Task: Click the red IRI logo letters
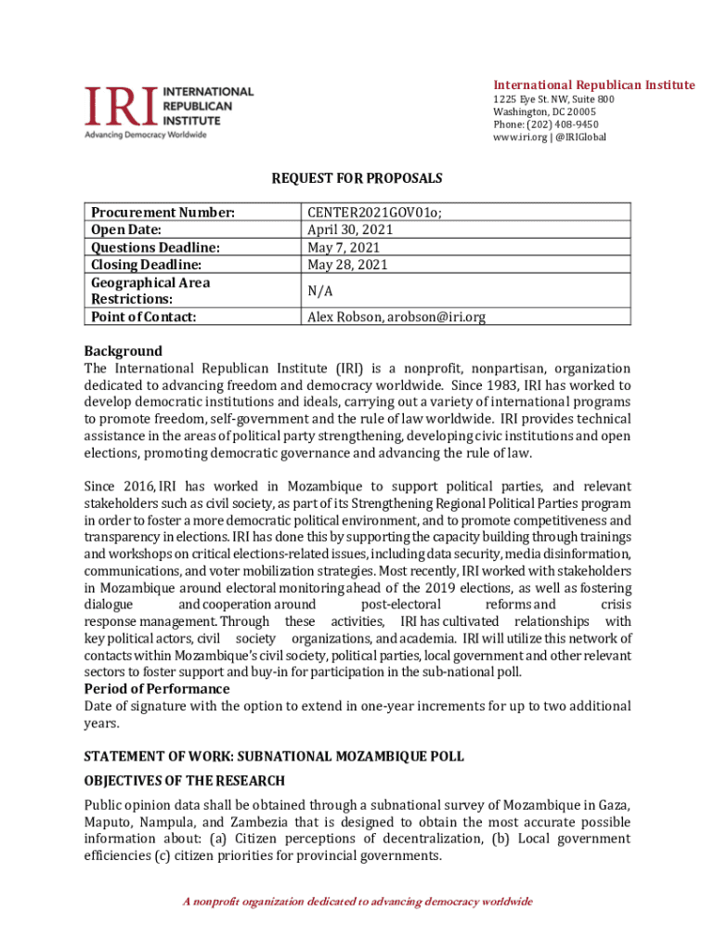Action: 122,107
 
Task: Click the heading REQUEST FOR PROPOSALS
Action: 357,177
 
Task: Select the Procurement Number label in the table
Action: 162,212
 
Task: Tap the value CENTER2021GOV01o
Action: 374,212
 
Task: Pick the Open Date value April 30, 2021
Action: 350,229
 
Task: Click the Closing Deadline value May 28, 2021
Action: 347,265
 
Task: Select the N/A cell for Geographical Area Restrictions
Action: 320,291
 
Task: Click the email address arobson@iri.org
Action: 436,317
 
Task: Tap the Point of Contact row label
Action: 145,317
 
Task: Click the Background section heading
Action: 123,351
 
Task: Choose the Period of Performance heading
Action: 157,689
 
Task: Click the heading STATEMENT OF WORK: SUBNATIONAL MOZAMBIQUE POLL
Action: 274,757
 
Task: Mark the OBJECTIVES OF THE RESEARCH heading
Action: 185,781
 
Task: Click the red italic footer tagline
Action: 357,902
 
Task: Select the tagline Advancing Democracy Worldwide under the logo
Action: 146,135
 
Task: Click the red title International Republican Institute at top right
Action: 593,85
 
